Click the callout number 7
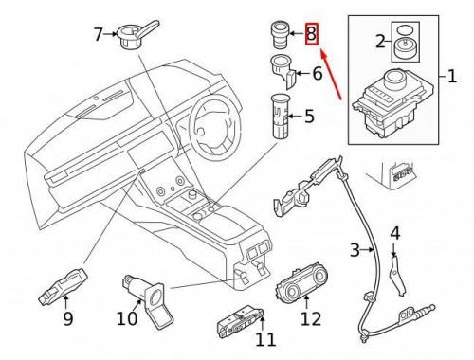(x=98, y=35)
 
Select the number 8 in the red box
(x=310, y=35)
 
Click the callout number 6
(x=317, y=74)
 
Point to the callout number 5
(x=308, y=118)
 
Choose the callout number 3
(x=355, y=250)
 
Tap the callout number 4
(x=394, y=233)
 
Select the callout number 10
(x=127, y=319)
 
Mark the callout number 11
(x=265, y=338)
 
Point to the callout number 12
(x=311, y=319)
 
